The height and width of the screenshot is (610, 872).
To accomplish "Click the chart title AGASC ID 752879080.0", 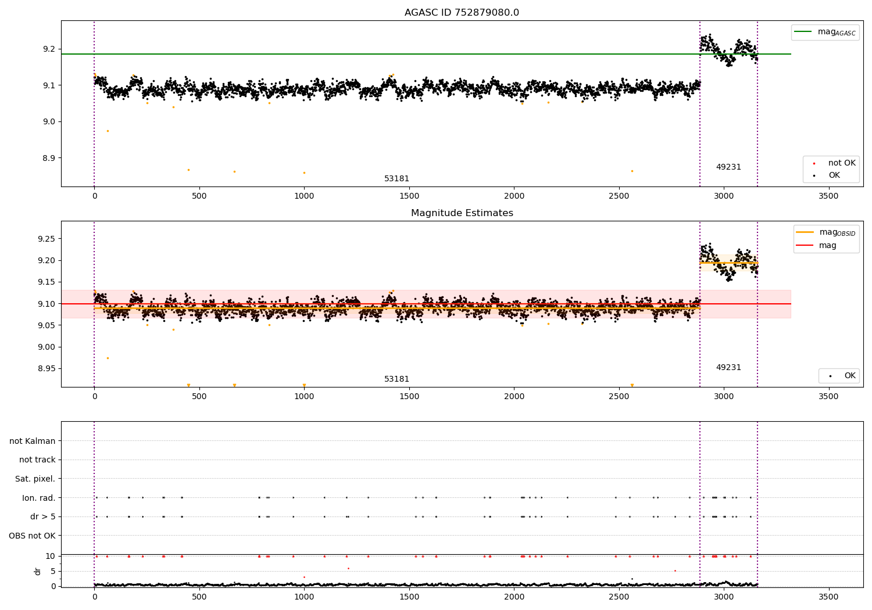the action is point(462,12).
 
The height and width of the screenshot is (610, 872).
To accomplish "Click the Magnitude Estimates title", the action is point(462,213).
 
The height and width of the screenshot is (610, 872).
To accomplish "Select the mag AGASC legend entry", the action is point(825,33).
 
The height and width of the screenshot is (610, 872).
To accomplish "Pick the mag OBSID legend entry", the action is point(825,232).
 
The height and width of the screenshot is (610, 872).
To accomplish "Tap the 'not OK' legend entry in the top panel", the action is point(835,163).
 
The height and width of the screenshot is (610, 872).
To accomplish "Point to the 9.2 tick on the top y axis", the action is point(49,49).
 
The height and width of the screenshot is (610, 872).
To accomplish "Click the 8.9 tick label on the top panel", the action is point(49,158).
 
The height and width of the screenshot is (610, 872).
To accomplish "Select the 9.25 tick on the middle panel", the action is point(47,239).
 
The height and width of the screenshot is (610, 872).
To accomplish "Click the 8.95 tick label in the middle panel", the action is point(47,368).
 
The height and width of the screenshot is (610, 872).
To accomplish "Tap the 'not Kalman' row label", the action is point(33,441).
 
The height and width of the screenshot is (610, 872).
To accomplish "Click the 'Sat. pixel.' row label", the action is point(35,479).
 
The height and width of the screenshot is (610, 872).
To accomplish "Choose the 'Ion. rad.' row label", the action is point(38,498).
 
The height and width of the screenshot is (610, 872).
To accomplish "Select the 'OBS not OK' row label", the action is point(32,536).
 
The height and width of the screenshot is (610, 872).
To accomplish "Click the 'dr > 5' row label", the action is point(43,516).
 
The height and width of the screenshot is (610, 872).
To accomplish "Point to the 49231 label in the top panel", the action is point(729,167).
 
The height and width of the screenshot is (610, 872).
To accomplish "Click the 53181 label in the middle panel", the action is point(396,379).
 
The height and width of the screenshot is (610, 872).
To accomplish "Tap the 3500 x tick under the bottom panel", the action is point(828,597).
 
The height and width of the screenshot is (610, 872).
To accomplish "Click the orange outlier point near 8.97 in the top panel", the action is point(108,131).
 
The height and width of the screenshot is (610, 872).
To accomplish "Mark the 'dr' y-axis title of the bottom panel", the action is point(37,571).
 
